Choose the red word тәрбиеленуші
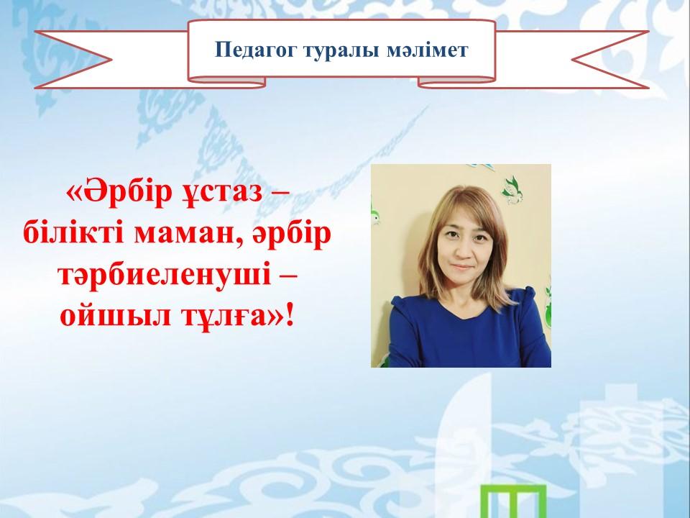(165, 276)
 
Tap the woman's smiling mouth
(461, 267)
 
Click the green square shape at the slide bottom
(513, 501)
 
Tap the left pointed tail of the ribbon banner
(73, 60)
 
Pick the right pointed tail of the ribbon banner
(611, 60)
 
